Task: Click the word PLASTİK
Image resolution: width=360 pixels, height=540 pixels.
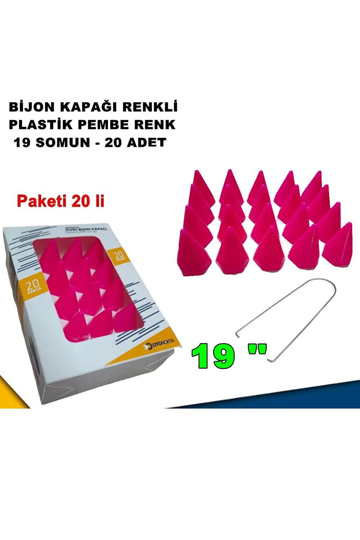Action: [41, 125]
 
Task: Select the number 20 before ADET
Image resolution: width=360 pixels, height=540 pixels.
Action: [113, 142]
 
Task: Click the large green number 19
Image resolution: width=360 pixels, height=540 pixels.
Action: [213, 356]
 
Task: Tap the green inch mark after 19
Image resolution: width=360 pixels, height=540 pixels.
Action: [257, 350]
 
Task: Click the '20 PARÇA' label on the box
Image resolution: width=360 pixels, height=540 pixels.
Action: [32, 287]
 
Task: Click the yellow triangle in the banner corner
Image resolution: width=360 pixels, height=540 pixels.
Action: [12, 394]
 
